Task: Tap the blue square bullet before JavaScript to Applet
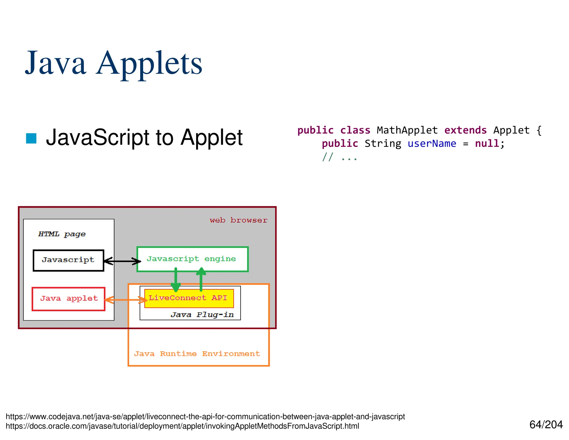(x=31, y=138)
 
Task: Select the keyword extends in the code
(x=465, y=130)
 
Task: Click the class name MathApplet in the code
(x=407, y=130)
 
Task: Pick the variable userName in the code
(x=432, y=144)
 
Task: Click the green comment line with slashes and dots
(x=340, y=157)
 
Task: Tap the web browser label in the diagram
(x=238, y=220)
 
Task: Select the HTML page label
(x=62, y=234)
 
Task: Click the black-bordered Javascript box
(x=68, y=260)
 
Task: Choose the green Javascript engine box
(x=192, y=259)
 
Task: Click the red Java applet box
(x=69, y=299)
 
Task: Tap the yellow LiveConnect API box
(x=189, y=298)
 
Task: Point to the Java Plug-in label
(x=202, y=315)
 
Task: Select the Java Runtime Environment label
(x=197, y=354)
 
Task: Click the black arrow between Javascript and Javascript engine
(x=122, y=261)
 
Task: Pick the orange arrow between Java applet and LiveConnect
(x=126, y=300)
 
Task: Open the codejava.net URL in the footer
(x=205, y=417)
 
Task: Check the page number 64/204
(x=546, y=425)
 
